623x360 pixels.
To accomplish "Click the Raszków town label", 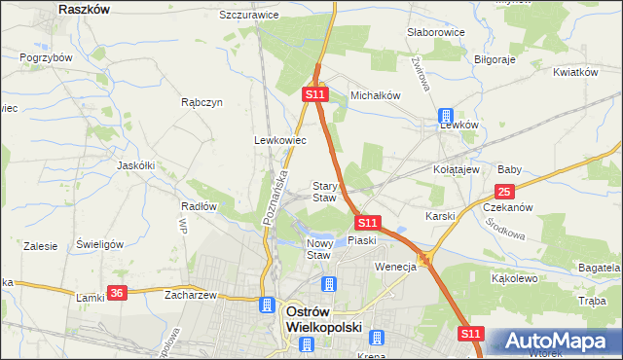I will (x=83, y=8).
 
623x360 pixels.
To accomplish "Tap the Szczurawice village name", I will (x=249, y=16).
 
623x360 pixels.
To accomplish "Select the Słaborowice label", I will (x=435, y=32).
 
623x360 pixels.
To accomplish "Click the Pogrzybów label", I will (x=47, y=57).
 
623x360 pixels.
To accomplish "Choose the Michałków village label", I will (x=376, y=95).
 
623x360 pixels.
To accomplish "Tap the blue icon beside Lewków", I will (x=445, y=115).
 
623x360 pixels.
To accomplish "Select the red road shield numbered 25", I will (x=503, y=192).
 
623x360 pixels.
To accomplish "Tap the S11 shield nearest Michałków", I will (x=313, y=95).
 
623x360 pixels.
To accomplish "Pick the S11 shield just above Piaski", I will (x=366, y=223).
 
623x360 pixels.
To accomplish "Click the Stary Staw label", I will (x=323, y=192).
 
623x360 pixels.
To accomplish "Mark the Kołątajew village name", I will (x=457, y=169).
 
